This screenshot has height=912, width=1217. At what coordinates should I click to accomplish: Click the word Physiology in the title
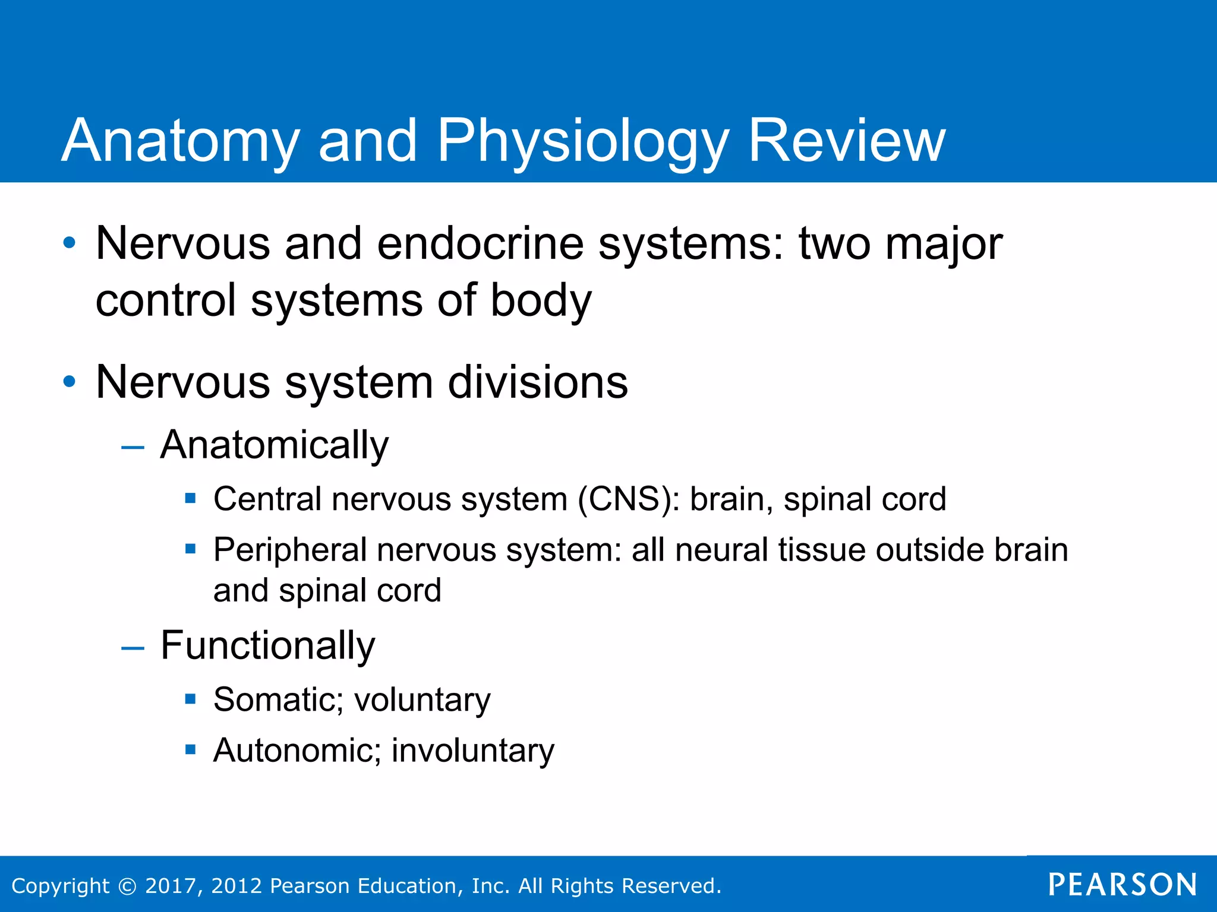[582, 141]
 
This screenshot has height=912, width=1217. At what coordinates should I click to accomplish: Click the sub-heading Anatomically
[274, 445]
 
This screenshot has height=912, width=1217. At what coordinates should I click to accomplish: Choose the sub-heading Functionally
[267, 646]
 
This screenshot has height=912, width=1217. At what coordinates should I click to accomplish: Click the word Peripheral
[290, 550]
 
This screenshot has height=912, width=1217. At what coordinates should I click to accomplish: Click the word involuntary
[472, 750]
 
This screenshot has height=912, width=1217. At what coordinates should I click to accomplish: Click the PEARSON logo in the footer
[1122, 885]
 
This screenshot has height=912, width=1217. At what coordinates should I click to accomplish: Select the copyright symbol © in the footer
[127, 886]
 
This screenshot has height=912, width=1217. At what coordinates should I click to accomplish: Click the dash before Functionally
[133, 648]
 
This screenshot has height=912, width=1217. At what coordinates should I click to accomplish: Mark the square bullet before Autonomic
[190, 750]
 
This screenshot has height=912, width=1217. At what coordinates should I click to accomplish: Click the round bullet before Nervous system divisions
[70, 382]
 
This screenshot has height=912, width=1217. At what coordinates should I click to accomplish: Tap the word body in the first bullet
[540, 300]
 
